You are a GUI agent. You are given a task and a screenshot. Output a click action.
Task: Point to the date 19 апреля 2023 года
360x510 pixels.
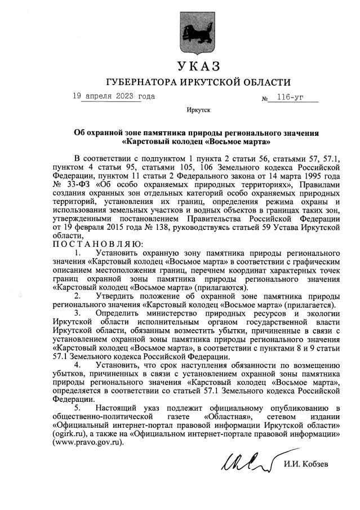(x=113, y=96)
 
